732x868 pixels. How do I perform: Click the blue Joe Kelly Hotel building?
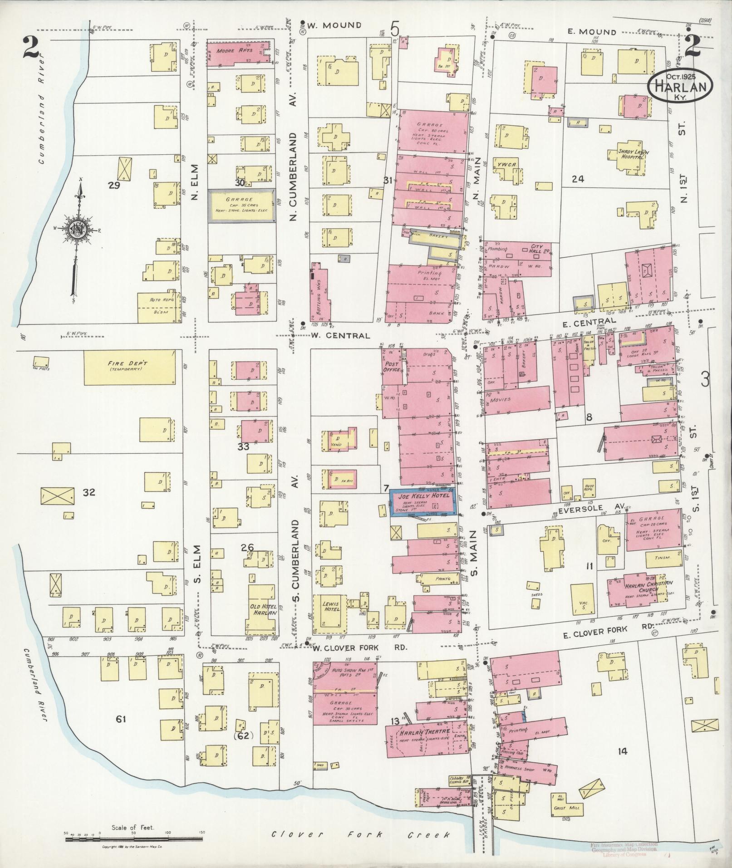click(x=423, y=504)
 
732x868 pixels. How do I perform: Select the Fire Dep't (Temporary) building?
click(x=130, y=367)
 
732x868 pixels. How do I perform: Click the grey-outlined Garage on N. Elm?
click(x=242, y=206)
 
